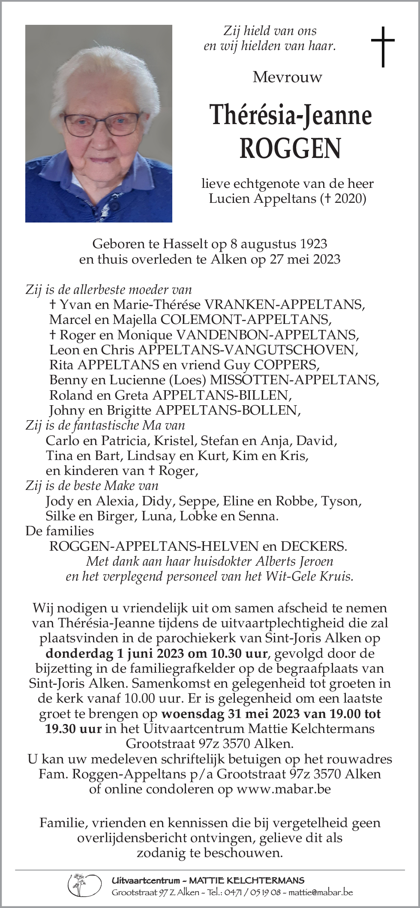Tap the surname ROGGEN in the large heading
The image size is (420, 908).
[290, 148]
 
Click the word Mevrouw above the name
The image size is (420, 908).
[288, 77]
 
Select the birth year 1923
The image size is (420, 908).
[313, 244]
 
